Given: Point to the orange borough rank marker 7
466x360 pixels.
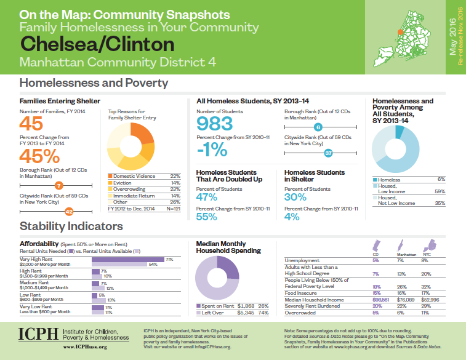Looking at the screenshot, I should tap(58, 185).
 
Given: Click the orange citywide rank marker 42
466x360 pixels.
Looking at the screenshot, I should tap(69, 211).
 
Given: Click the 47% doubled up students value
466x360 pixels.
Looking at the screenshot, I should tap(207, 197).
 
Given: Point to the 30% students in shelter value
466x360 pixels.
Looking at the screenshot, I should tap(295, 197).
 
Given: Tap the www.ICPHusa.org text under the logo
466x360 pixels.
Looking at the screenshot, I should tap(86, 347).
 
